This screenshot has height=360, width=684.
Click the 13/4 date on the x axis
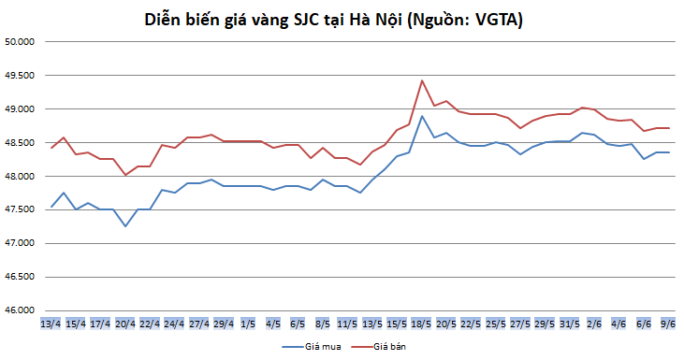(51, 324)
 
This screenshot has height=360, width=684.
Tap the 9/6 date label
(668, 324)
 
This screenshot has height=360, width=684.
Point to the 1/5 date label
(248, 324)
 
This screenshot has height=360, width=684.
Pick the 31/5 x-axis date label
(569, 324)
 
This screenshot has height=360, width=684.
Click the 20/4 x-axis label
(124, 324)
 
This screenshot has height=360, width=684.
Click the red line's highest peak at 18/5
(422, 80)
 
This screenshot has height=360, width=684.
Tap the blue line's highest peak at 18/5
(422, 116)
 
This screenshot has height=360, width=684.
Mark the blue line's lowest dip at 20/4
(124, 226)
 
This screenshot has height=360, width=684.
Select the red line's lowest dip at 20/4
(124, 175)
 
